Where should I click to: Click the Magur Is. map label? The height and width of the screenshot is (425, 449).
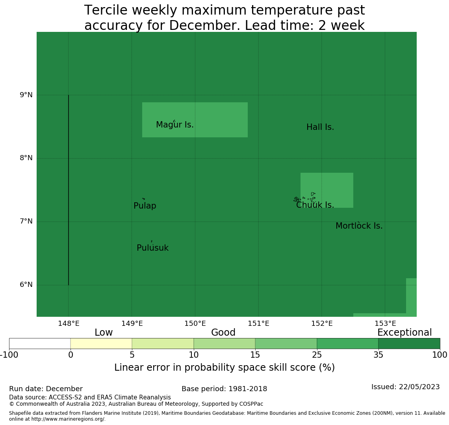pyautogui.click(x=175, y=125)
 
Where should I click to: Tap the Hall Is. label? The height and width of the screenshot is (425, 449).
pyautogui.click(x=320, y=127)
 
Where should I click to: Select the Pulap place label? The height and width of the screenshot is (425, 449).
pyautogui.click(x=145, y=206)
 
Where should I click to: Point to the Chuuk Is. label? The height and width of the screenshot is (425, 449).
pyautogui.click(x=315, y=205)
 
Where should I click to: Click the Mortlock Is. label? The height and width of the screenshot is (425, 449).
pyautogui.click(x=359, y=226)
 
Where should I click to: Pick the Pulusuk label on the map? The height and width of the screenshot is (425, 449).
pyautogui.click(x=152, y=248)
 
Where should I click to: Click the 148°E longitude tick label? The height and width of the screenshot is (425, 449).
pyautogui.click(x=69, y=323)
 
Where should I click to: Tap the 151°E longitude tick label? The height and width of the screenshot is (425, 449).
pyautogui.click(x=258, y=323)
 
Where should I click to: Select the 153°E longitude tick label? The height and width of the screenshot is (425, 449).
pyautogui.click(x=385, y=323)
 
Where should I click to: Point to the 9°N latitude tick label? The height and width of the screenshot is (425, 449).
pyautogui.click(x=26, y=95)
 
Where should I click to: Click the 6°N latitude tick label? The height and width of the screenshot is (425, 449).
pyautogui.click(x=26, y=285)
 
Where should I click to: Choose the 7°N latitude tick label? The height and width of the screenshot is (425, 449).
pyautogui.click(x=26, y=221)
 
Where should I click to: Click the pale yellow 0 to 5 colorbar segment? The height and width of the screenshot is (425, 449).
pyautogui.click(x=101, y=344)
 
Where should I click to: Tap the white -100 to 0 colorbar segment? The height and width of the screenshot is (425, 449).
pyautogui.click(x=40, y=344)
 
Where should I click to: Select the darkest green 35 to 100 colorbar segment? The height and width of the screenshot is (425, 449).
pyautogui.click(x=409, y=344)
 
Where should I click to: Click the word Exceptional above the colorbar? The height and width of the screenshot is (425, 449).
pyautogui.click(x=404, y=333)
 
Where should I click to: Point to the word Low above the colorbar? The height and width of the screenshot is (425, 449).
pyautogui.click(x=104, y=333)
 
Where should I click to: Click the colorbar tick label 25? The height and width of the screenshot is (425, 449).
pyautogui.click(x=317, y=355)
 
